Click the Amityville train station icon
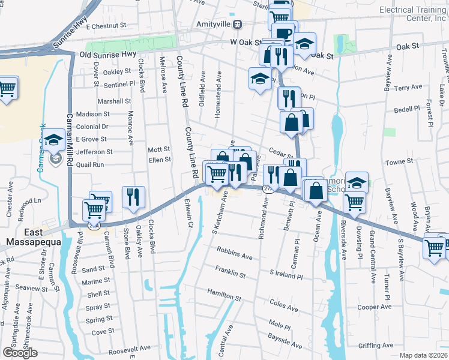point(238,24)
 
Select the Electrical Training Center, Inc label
point(412,14)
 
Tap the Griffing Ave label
point(375,346)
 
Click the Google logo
point(20,353)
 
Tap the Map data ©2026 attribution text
point(423,355)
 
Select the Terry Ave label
point(408,88)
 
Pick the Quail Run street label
point(89,164)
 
